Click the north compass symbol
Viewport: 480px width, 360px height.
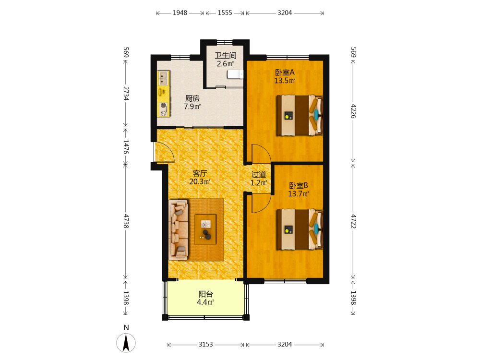[126, 343]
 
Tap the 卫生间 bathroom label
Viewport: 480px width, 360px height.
[225, 55]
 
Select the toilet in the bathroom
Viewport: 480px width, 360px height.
[235, 75]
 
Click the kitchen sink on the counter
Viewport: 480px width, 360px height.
[164, 78]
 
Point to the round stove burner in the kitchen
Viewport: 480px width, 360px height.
[164, 106]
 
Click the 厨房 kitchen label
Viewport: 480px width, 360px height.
[192, 98]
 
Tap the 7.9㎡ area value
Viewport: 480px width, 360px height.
[192, 107]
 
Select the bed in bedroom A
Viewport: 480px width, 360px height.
[300, 115]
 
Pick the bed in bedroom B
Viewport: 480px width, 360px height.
[300, 229]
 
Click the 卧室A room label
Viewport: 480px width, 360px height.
[285, 72]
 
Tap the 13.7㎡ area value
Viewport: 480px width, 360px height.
[299, 194]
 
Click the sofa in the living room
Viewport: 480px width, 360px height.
[179, 230]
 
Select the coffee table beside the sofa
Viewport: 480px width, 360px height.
[205, 229]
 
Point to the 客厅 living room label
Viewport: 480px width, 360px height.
[200, 173]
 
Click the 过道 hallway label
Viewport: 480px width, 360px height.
[259, 175]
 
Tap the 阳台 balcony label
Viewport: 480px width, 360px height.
[206, 294]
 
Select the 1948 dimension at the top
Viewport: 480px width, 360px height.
[180, 13]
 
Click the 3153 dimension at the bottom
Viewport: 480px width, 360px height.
[206, 344]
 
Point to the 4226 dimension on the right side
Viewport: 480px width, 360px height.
[353, 111]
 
